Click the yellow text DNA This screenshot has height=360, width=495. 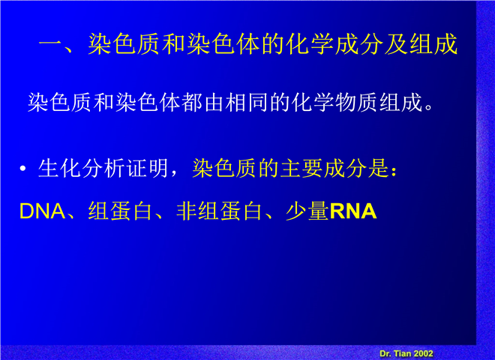(x=42, y=211)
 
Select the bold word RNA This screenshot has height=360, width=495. (x=353, y=211)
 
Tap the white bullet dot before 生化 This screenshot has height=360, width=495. (x=22, y=169)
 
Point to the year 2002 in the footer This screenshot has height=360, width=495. (x=423, y=354)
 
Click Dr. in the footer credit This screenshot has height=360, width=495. (x=385, y=354)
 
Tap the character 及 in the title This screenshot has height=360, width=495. (x=396, y=43)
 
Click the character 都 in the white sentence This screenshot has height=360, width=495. (x=192, y=102)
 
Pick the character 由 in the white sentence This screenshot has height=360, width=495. (x=214, y=102)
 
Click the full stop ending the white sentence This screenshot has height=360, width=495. (x=429, y=106)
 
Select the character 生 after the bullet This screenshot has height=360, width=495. (x=48, y=168)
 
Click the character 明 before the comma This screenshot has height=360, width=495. (x=158, y=168)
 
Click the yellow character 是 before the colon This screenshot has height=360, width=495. (x=379, y=168)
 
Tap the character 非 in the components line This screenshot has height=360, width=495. (x=187, y=211)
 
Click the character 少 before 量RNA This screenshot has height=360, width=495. (x=296, y=211)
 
